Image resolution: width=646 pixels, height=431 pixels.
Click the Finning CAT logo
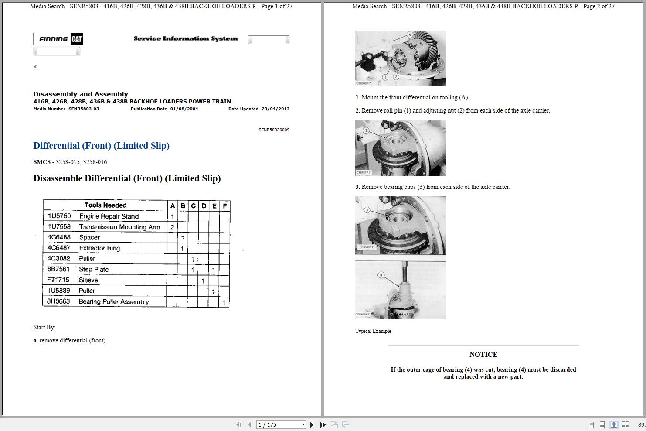coord(58,39)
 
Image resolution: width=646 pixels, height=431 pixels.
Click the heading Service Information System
coord(186,39)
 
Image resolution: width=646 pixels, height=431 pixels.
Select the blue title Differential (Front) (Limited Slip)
coord(101,146)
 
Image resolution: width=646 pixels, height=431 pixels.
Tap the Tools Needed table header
coord(105,205)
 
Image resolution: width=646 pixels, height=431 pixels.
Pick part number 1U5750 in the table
coord(59,216)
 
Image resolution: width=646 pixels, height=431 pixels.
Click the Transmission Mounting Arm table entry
coord(119,227)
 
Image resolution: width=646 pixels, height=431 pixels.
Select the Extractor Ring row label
coord(99,248)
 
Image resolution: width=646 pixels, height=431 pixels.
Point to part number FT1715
coord(58,280)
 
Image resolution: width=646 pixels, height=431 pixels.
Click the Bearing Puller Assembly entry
coord(114,301)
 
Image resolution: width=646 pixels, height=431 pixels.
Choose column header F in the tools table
coord(225,205)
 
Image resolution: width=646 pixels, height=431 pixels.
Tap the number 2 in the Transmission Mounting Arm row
coord(172,227)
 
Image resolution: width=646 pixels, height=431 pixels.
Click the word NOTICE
coord(483,355)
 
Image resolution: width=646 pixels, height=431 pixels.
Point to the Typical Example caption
coord(373,331)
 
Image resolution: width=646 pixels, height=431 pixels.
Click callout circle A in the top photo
coord(410,34)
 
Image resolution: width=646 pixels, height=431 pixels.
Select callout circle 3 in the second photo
coord(366,130)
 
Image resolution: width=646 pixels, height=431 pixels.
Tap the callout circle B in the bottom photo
coord(381,275)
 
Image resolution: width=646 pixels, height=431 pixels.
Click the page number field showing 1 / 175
coord(280,424)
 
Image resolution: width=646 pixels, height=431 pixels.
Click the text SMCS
coord(42,162)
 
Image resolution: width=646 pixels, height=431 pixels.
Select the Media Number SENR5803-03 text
coord(66,109)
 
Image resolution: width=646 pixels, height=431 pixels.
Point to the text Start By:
coord(44,327)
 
